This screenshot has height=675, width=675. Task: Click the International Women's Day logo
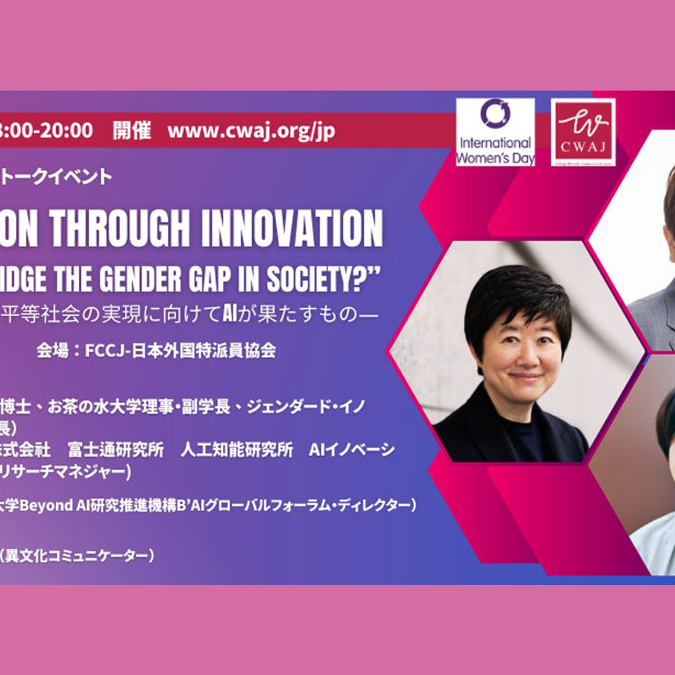click(x=495, y=133)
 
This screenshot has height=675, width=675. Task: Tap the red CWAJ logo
click(x=583, y=133)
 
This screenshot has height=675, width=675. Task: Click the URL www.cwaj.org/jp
click(x=251, y=131)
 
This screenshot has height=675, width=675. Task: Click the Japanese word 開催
click(x=132, y=130)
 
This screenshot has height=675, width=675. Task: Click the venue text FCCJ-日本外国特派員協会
click(x=180, y=350)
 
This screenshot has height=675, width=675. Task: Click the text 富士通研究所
click(x=115, y=449)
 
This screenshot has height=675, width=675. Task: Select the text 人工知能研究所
click(x=236, y=449)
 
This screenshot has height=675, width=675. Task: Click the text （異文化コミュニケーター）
click(x=76, y=556)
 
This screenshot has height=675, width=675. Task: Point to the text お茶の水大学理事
click(x=112, y=407)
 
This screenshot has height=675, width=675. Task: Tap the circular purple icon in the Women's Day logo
click(x=495, y=112)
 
